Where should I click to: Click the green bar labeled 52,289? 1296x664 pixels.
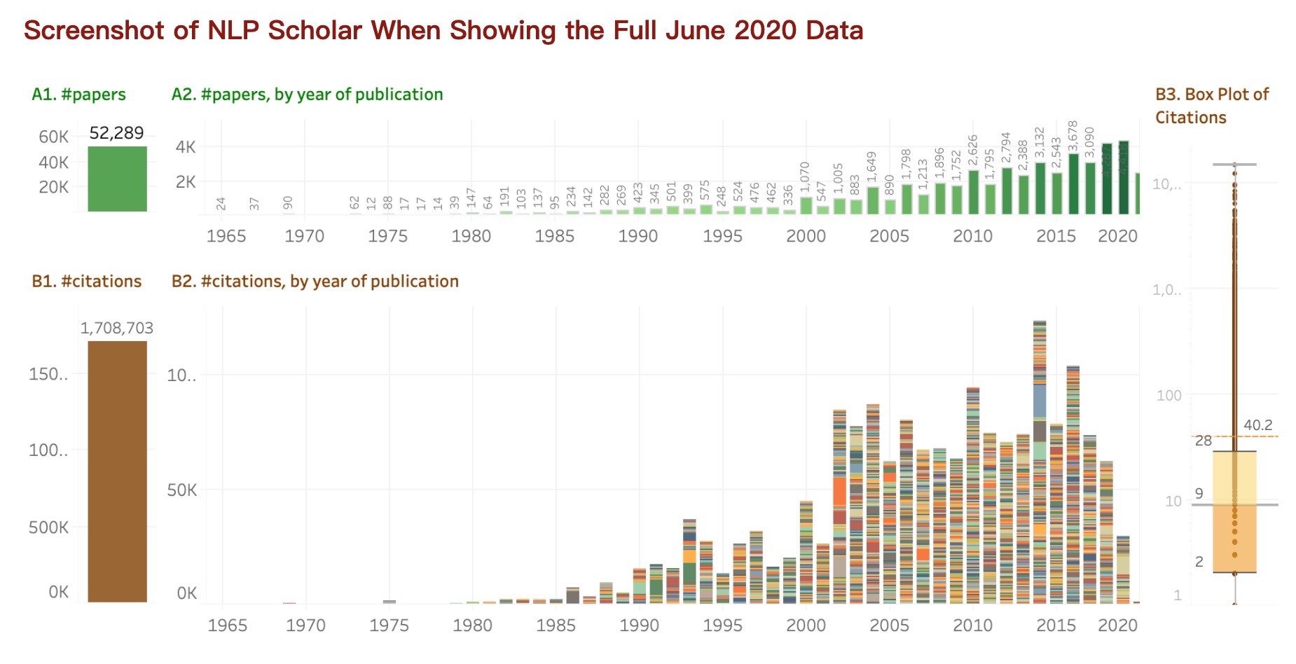pos(117,179)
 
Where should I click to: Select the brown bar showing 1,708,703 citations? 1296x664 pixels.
pos(117,471)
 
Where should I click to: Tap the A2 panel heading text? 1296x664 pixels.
pos(307,95)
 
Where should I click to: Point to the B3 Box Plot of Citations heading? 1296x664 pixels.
pos(1211,106)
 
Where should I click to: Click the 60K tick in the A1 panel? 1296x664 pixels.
pos(53,137)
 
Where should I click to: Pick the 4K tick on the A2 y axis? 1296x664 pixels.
pos(186,148)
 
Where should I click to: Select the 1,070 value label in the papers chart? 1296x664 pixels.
pos(805,178)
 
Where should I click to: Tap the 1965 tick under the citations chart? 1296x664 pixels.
pos(227,625)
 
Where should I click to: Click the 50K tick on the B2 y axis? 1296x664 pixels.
pos(181,490)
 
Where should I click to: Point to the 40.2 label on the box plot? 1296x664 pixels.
pos(1257,425)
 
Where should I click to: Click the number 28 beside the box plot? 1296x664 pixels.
pos(1203,441)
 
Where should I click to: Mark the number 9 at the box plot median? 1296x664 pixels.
pos(1199,494)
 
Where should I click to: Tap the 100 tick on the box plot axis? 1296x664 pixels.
pos(1169,396)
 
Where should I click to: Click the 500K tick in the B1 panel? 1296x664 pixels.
pos(48,527)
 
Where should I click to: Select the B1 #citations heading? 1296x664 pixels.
pos(86,282)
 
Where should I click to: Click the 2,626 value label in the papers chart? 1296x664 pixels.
pos(972,150)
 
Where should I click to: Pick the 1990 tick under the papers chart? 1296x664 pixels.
pos(637,236)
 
